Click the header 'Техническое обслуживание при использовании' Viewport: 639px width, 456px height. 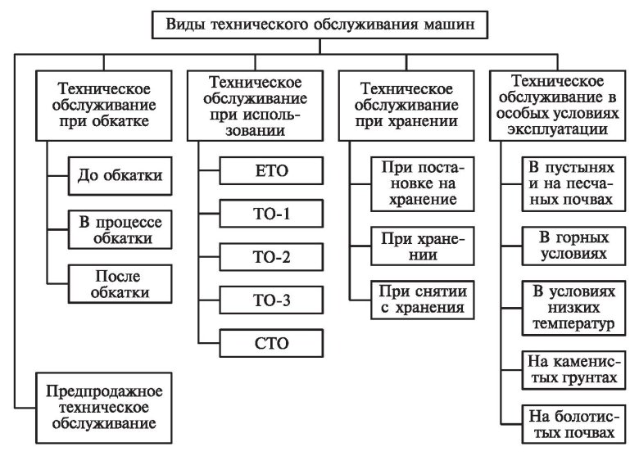[255, 103]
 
